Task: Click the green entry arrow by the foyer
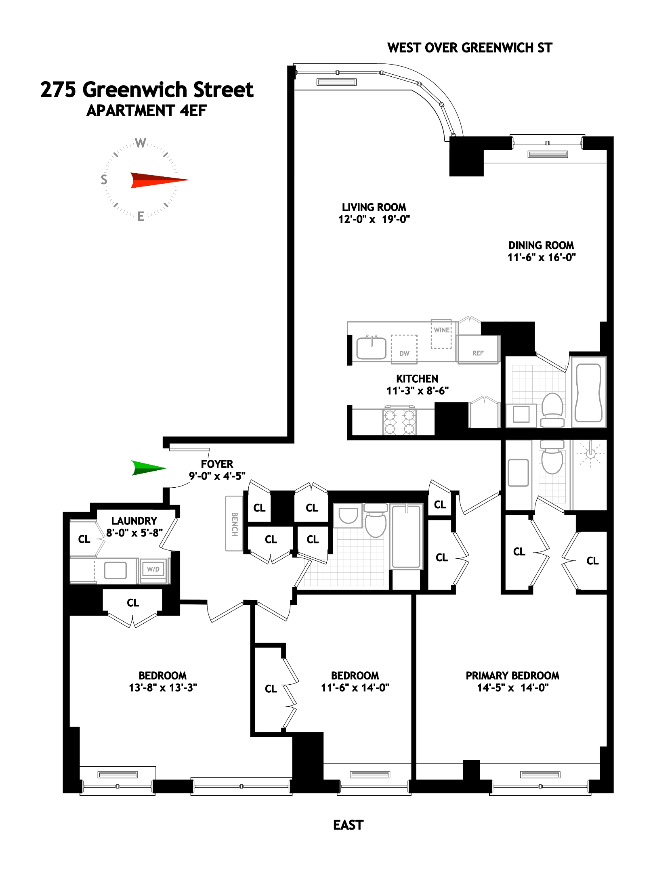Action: [147, 468]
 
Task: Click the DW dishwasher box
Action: [404, 349]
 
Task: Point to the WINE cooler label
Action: [441, 330]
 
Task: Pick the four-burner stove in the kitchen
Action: [399, 422]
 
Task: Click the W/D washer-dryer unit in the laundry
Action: [153, 569]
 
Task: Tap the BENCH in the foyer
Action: [234, 524]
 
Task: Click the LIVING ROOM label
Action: [374, 208]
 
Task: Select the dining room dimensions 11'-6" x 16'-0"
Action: [541, 258]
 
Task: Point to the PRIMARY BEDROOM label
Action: [512, 676]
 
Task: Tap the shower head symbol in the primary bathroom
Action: [590, 453]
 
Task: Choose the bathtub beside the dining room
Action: [588, 392]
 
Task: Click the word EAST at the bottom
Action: [348, 825]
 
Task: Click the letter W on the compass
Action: [140, 143]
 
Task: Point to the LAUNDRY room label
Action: [134, 521]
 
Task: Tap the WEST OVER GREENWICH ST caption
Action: [469, 48]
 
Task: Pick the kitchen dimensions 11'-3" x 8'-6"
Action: [418, 391]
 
